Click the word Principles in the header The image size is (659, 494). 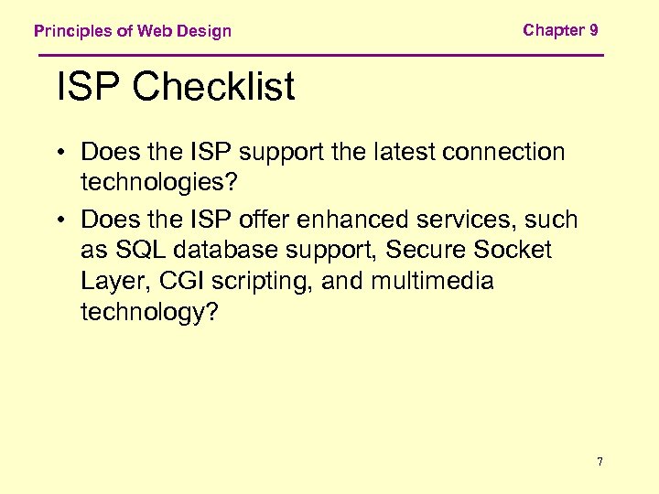click(x=73, y=31)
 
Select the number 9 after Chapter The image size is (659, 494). click(x=594, y=30)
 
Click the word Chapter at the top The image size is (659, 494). click(x=554, y=30)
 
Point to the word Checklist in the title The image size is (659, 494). click(x=213, y=88)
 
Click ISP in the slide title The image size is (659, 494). click(x=88, y=88)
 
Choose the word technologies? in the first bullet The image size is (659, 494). click(x=158, y=182)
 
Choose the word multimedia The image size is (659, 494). click(x=432, y=281)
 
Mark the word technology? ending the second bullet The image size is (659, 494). click(x=150, y=312)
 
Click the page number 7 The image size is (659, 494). click(x=600, y=462)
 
